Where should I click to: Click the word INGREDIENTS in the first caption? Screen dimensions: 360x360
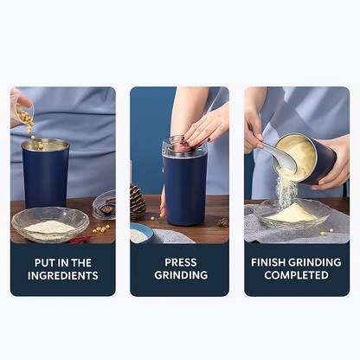pyautogui.click(x=63, y=275)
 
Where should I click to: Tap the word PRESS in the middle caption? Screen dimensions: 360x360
pyautogui.click(x=181, y=262)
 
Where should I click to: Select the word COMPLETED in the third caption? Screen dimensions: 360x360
pyautogui.click(x=296, y=275)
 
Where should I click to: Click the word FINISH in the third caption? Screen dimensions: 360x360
pyautogui.click(x=268, y=262)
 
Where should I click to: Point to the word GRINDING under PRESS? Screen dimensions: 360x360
pyautogui.click(x=181, y=275)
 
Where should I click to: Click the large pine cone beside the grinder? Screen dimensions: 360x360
pyautogui.click(x=137, y=202)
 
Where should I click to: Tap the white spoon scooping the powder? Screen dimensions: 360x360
pyautogui.click(x=280, y=157)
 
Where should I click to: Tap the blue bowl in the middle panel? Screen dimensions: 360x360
pyautogui.click(x=142, y=233)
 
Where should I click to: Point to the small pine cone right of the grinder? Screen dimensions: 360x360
pyautogui.click(x=223, y=222)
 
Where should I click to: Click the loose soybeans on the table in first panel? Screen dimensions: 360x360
pyautogui.click(x=101, y=228)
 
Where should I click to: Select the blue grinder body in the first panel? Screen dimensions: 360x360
pyautogui.click(x=45, y=174)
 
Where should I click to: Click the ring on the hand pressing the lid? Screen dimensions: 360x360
pyautogui.click(x=196, y=125)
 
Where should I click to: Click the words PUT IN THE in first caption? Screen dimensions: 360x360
pyautogui.click(x=63, y=263)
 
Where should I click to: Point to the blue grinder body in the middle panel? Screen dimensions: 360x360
pyautogui.click(x=184, y=190)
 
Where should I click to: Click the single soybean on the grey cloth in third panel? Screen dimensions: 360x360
pyautogui.click(x=323, y=234)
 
